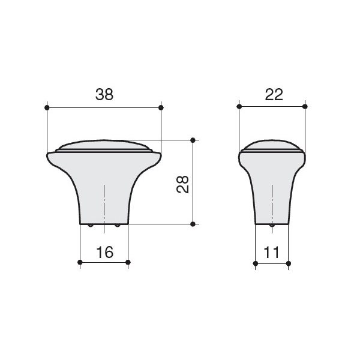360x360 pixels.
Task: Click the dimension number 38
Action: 104,94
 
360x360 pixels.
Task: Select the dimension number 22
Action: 274,94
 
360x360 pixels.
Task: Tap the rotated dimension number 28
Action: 183,184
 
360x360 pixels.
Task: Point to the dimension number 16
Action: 104,252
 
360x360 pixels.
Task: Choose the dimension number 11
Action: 271,253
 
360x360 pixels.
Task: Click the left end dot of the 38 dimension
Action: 47,107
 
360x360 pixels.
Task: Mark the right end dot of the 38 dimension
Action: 161,107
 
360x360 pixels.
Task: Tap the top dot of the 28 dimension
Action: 193,140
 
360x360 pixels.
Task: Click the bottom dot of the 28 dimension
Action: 193,224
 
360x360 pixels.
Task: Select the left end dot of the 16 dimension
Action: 80,262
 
